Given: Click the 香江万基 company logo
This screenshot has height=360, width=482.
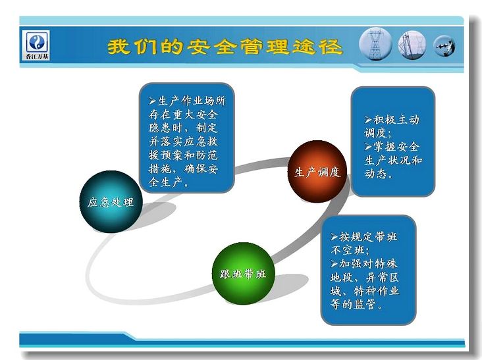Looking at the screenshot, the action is pos(37,45).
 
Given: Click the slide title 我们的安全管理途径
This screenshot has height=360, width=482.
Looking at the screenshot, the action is pos(225,47).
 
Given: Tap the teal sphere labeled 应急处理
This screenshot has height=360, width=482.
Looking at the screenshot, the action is pos(111,201).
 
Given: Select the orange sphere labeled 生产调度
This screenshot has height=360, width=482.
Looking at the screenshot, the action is pos(317,171).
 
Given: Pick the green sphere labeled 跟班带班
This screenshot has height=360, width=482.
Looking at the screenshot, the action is pos(243,273).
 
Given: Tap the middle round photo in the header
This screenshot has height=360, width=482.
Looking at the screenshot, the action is pos(412,45).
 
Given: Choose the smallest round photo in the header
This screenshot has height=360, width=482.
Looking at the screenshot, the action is pos(444,46).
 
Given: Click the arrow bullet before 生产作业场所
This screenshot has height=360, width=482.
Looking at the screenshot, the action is pos(153,101).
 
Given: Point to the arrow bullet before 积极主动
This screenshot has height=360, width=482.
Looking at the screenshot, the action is pos(368,120).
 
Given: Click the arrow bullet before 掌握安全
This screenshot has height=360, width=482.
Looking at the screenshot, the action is pos(368,147).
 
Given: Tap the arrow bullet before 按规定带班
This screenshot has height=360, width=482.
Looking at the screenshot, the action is pos(335,237).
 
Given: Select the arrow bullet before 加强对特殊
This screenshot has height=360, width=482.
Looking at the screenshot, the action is pos(335,264).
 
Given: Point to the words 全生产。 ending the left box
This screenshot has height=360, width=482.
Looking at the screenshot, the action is pos(169,182).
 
